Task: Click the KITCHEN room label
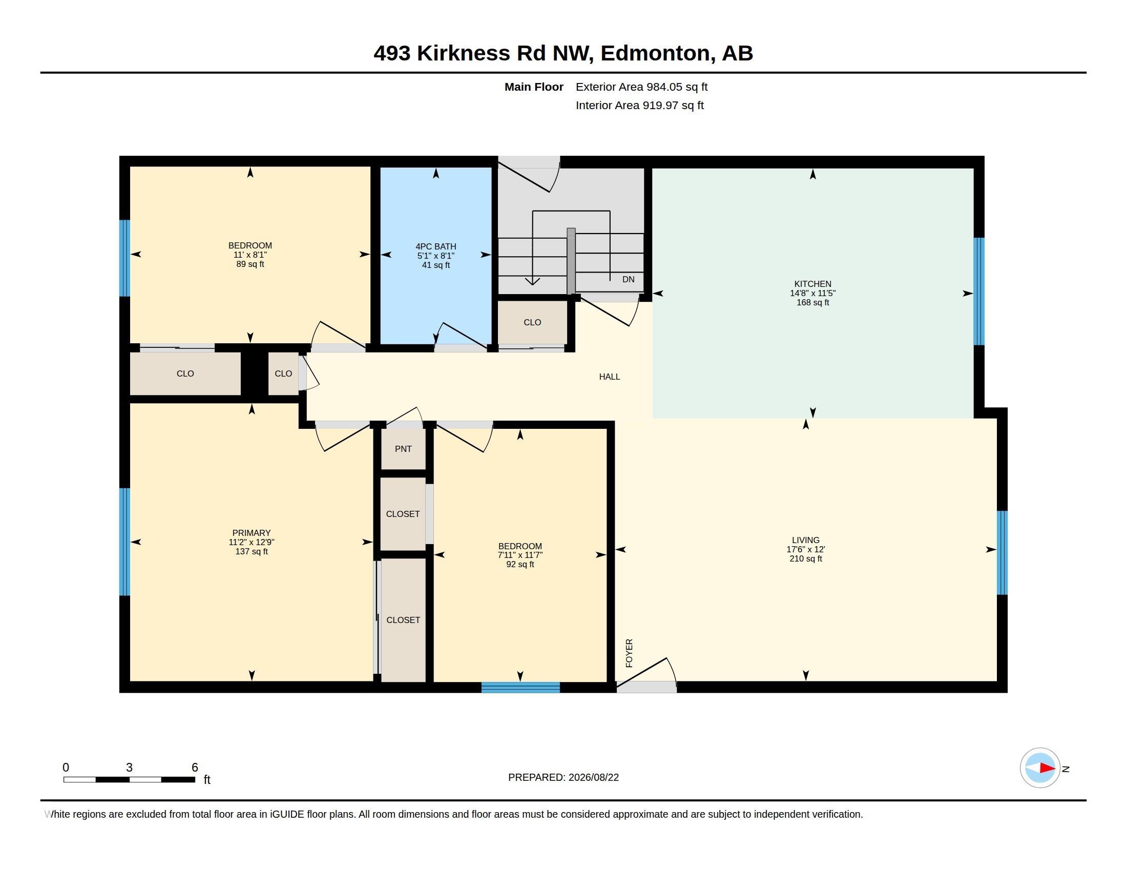pos(812,284)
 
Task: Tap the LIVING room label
pos(805,540)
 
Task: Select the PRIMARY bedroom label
pos(252,533)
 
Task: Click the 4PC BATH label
pos(435,246)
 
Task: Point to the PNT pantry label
pos(403,449)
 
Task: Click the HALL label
pos(610,377)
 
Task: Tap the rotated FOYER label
pos(629,653)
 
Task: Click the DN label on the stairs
pos(628,279)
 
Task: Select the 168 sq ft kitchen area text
pos(812,302)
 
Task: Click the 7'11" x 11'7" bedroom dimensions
pos(519,555)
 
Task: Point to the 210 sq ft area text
pos(805,559)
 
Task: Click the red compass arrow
pos(1048,768)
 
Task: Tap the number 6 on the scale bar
pos(195,768)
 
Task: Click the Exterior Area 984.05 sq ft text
pos(641,87)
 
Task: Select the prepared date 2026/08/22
pos(593,777)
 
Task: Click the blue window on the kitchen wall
pos(978,291)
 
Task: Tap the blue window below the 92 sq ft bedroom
pos(520,687)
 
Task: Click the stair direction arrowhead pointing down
pos(532,281)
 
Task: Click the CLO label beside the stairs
pos(532,322)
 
